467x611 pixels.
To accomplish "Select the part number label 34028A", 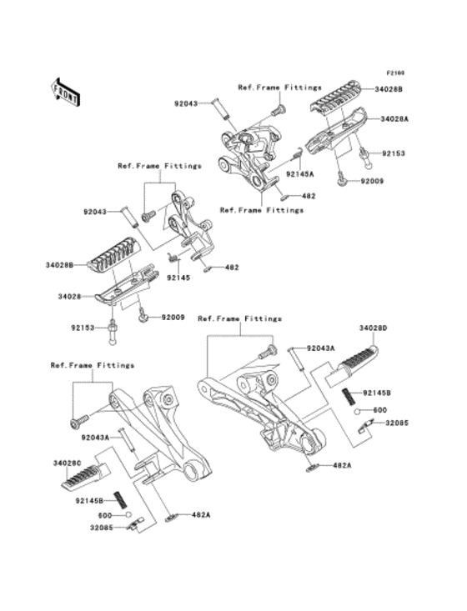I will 394,119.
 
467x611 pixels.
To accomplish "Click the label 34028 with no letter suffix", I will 69,295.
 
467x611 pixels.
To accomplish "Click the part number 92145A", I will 300,174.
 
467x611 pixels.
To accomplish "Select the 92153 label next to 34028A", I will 394,154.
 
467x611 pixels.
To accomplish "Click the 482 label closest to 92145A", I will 308,196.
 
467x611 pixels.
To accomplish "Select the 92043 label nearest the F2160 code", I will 188,104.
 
